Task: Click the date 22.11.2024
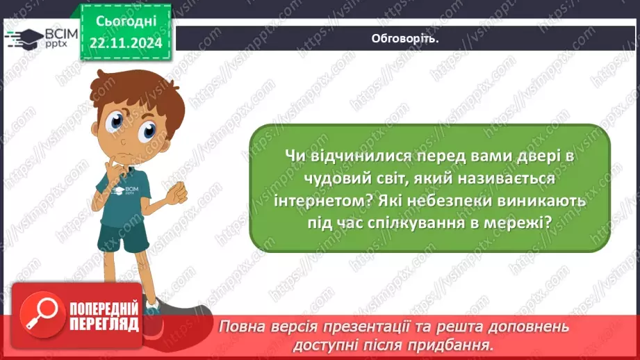click(x=126, y=43)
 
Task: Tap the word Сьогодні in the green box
click(x=126, y=22)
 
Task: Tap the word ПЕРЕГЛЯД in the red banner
click(x=104, y=325)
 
